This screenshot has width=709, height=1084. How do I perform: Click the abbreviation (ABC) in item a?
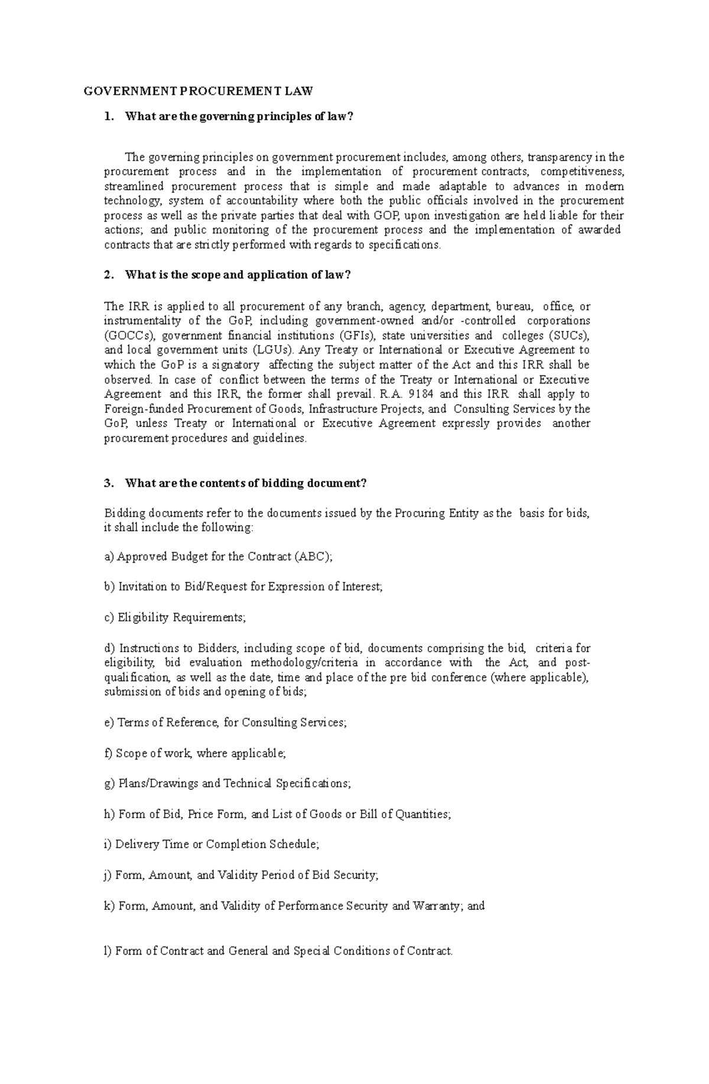coord(314,556)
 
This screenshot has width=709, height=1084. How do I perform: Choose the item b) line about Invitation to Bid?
coord(243,587)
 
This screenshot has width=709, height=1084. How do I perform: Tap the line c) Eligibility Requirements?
coord(174,618)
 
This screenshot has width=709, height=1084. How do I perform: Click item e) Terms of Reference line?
coord(225,722)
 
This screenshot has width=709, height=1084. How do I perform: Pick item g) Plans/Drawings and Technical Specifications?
coord(227,783)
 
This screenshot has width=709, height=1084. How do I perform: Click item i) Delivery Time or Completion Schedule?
coord(211,844)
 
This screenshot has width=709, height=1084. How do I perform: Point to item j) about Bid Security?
coord(240,875)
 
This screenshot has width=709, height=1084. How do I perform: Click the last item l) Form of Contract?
coord(278,951)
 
